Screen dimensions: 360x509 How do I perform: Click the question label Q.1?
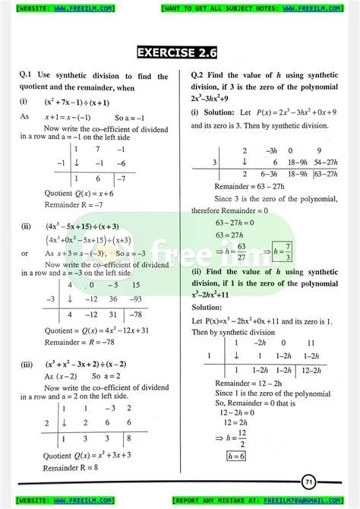pyautogui.click(x=27, y=75)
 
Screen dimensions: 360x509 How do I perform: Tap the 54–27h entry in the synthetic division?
pyautogui.click(x=326, y=162)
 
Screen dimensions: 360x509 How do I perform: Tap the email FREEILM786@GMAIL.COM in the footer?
pyautogui.click(x=316, y=501)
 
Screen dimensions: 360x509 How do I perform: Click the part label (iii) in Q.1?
pyautogui.click(x=27, y=365)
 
